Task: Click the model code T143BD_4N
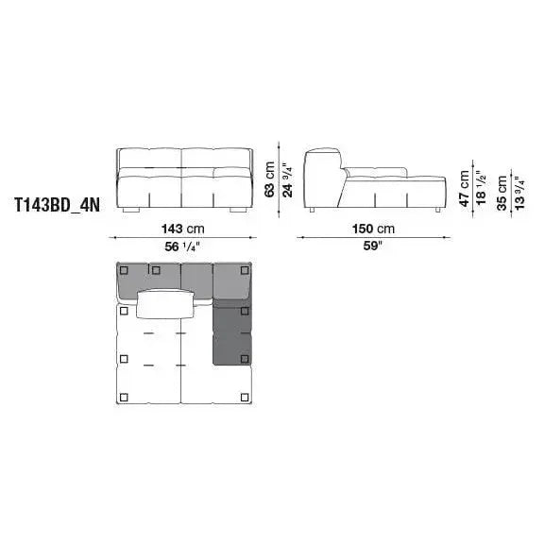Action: pos(57,205)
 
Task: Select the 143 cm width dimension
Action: pos(183,230)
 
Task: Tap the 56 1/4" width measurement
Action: pos(182,247)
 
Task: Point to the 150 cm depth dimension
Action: pos(373,230)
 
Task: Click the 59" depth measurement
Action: pos(372,246)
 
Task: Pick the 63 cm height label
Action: pos(270,179)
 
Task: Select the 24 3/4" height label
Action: pos(288,179)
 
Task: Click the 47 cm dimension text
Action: pos(465,188)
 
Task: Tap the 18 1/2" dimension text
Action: pos(481,188)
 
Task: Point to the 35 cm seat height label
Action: pos(502,193)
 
